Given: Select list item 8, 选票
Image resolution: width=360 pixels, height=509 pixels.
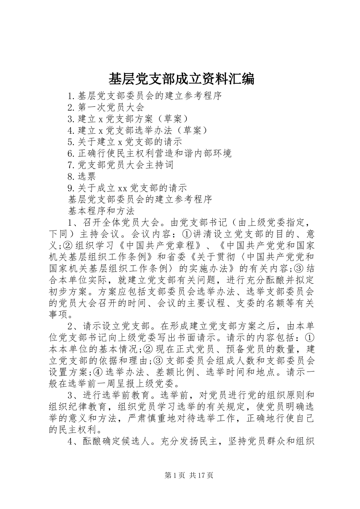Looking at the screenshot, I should click(82, 176).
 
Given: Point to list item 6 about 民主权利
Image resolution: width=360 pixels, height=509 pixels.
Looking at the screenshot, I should click(149, 153).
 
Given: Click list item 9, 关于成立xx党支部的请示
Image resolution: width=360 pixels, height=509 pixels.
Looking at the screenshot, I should click(127, 188).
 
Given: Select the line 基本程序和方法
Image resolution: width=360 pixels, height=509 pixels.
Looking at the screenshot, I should click(101, 211).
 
